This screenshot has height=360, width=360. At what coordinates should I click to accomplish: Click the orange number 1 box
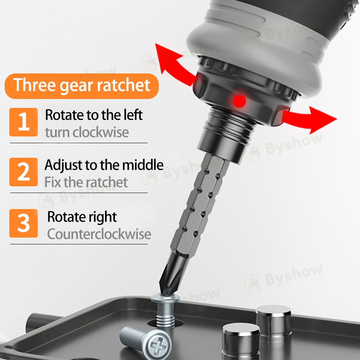click(x=24, y=122)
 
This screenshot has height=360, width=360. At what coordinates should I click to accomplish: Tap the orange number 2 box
click(x=24, y=172)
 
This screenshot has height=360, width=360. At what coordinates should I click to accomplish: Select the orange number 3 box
click(x=24, y=223)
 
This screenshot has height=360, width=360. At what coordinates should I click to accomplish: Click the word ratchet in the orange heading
click(x=123, y=85)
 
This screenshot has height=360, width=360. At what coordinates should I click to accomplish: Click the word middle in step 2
click(x=143, y=165)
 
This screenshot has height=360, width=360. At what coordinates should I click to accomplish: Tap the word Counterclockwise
click(x=99, y=234)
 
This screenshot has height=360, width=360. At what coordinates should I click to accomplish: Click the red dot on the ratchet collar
click(x=239, y=101)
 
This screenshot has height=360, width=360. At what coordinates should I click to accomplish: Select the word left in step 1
click(x=133, y=114)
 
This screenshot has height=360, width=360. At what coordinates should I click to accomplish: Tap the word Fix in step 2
click(x=53, y=182)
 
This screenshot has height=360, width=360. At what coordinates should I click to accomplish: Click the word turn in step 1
click(x=57, y=133)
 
